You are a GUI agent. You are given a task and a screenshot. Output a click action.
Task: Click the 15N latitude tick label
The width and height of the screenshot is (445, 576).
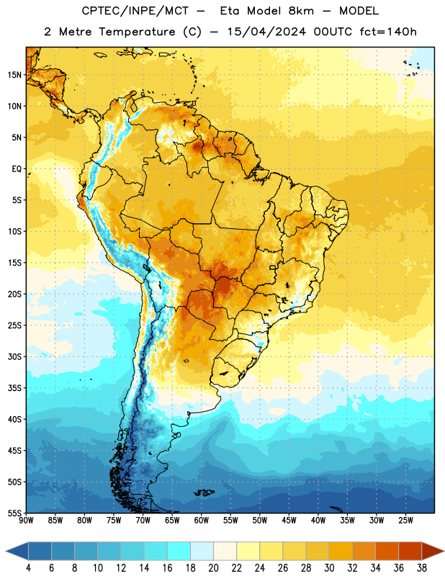pos(14,75)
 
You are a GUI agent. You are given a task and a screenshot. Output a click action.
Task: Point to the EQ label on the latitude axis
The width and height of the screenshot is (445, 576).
pos(17,169)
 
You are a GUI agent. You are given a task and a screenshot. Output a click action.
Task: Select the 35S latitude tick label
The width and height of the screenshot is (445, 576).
pos(14,388)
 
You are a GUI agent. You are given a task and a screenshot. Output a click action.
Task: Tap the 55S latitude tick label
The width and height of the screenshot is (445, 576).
pos(14,513)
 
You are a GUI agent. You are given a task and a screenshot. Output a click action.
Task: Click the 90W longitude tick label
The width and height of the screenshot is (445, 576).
pos(26,521)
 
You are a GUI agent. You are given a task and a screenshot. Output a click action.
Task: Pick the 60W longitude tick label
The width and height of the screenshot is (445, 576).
pos(202,521)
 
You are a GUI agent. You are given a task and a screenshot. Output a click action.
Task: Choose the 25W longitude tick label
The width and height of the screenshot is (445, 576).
pos(405,521)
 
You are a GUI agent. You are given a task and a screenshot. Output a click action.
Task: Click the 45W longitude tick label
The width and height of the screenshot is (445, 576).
pos(289,521)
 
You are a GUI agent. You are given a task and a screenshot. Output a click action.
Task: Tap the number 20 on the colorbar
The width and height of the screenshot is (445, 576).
pos(213,568)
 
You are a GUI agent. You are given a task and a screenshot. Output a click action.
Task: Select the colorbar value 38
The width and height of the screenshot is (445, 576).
pos(421,568)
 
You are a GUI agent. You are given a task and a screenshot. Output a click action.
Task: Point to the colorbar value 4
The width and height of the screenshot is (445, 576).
pos(28,568)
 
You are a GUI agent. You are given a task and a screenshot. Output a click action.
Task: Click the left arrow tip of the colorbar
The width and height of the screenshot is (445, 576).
pos(6,551)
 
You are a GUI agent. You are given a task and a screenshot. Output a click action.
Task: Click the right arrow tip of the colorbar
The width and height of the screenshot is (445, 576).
pos(444,551)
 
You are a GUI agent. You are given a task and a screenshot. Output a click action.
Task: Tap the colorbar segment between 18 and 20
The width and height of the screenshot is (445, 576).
pos(202,551)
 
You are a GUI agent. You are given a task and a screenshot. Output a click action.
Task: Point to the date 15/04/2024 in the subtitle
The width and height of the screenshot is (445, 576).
pos(266,32)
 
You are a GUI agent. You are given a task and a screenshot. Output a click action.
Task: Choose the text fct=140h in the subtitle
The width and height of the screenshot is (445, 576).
pos(388,32)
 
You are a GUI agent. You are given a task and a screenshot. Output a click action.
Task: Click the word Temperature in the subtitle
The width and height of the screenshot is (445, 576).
pos(137,32)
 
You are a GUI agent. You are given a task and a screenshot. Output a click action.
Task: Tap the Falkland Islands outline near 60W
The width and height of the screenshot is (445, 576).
pos(204,492)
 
